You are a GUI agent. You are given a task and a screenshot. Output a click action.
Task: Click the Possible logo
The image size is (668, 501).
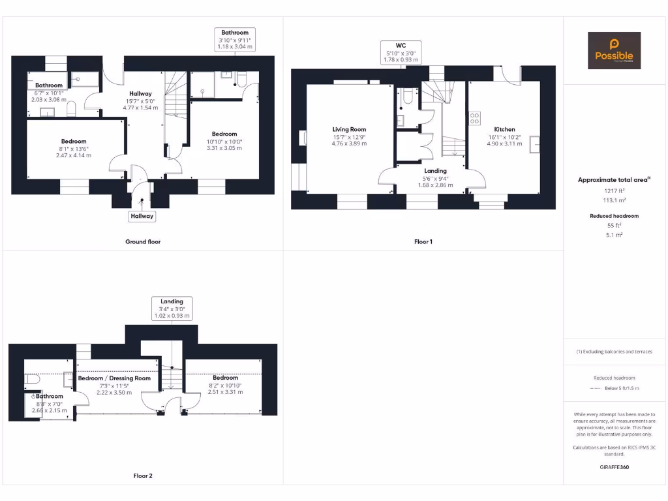(614, 51)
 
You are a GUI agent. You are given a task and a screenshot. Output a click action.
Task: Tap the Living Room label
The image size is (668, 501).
(349, 129)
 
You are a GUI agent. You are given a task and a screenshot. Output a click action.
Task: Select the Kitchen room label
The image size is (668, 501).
(504, 129)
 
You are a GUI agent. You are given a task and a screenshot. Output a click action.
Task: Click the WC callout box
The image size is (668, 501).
(401, 52)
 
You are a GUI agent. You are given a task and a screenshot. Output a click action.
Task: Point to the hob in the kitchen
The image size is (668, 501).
(475, 119)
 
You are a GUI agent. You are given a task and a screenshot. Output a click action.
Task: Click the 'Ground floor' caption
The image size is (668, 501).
(143, 241)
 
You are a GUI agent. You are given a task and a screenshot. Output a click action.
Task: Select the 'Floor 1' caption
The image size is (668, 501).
(423, 241)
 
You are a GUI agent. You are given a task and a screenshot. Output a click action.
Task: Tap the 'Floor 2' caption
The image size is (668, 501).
(143, 476)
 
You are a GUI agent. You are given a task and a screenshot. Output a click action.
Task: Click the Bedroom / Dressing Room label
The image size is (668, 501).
(114, 378)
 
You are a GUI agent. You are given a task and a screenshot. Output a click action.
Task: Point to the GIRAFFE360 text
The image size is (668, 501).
(614, 467)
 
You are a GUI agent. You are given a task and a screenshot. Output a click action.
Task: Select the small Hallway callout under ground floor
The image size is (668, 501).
(142, 216)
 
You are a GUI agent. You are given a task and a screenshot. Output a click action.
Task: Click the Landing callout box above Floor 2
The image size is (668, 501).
(172, 308)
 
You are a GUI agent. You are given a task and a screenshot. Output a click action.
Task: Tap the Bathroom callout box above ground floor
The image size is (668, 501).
(235, 40)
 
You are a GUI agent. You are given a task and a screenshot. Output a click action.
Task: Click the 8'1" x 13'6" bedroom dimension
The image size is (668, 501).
(74, 149)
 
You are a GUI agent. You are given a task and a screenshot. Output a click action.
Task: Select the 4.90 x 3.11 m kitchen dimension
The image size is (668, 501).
(504, 144)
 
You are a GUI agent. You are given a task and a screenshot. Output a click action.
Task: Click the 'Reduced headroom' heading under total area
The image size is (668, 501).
(614, 215)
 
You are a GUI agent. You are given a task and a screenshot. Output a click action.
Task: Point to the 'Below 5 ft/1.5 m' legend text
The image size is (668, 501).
(622, 388)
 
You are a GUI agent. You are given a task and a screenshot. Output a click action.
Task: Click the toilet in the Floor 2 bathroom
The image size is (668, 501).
(33, 379)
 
